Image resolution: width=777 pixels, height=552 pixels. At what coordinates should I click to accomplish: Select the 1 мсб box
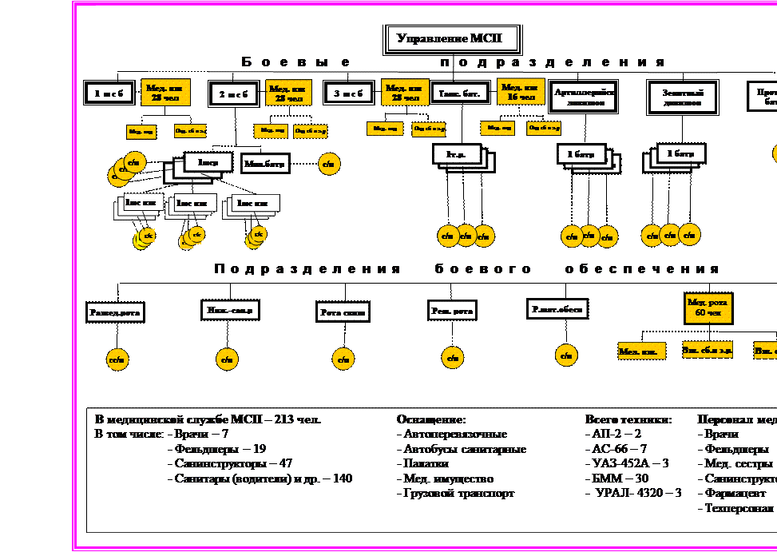(x=109, y=93)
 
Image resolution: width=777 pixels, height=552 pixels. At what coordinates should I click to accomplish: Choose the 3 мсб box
(x=349, y=93)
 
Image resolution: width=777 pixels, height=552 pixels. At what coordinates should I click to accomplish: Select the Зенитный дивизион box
(x=682, y=97)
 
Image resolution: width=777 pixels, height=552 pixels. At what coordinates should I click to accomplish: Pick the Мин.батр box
(x=265, y=164)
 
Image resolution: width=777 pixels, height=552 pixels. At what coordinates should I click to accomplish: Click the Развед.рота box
(x=115, y=313)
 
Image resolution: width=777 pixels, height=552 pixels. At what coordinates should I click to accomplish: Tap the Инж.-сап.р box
(x=231, y=310)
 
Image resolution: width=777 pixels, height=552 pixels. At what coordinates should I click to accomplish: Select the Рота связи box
(x=343, y=312)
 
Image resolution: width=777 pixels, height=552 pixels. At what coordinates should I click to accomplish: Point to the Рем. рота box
(x=452, y=310)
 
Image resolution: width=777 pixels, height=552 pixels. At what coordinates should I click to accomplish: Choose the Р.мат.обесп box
(x=557, y=308)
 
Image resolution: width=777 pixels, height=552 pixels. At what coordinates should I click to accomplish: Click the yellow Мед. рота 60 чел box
(x=708, y=308)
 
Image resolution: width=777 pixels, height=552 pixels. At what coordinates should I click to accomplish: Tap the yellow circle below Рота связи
(x=344, y=359)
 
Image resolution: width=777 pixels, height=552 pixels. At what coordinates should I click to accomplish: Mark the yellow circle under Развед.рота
(x=117, y=360)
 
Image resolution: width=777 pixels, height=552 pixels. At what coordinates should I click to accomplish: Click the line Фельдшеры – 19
(x=220, y=449)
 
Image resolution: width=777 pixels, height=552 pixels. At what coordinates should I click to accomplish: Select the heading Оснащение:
(x=431, y=419)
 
